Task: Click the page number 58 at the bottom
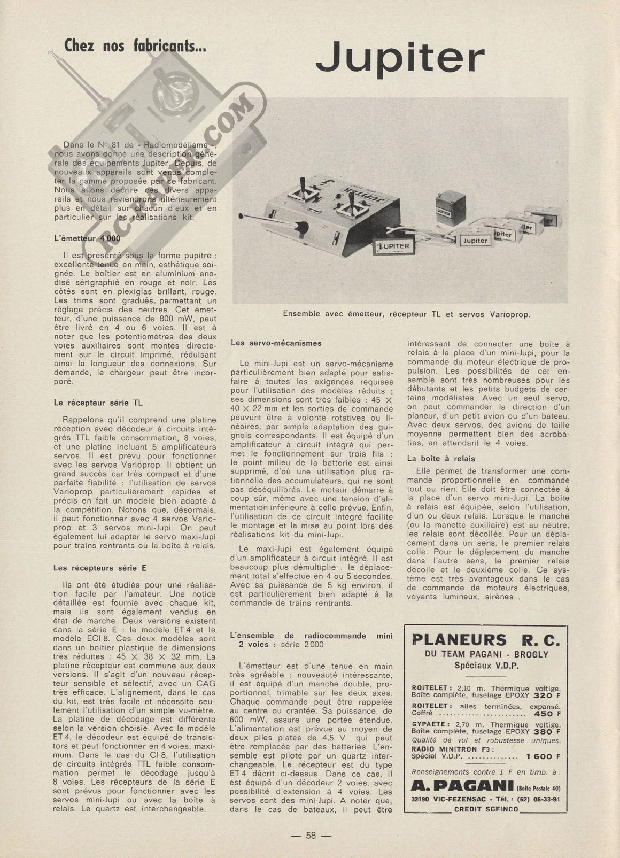point(311,836)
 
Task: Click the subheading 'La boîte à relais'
point(441,458)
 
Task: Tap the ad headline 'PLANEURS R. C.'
point(486,639)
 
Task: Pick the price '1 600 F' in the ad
point(543,756)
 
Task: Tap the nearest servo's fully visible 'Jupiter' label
point(475,240)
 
